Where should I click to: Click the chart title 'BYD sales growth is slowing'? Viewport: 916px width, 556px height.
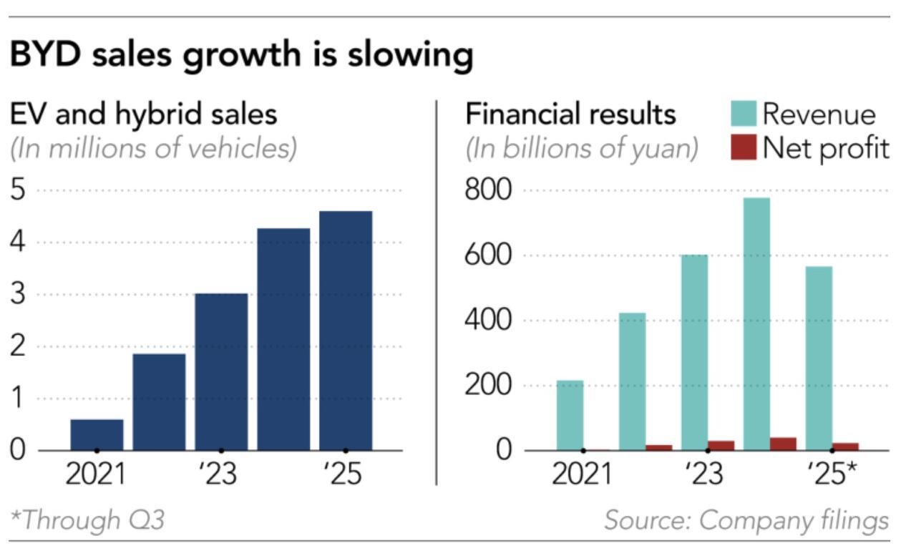[241, 55]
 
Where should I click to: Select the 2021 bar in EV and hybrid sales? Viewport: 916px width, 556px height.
[97, 434]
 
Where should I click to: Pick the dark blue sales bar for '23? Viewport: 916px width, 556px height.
[221, 371]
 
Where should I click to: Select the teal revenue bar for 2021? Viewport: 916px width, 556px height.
[570, 415]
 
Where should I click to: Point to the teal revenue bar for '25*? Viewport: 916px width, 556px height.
[819, 358]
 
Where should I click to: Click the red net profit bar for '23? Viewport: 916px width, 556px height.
[721, 446]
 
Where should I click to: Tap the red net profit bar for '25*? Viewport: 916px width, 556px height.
[846, 447]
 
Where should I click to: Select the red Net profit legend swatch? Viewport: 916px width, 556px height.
[743, 147]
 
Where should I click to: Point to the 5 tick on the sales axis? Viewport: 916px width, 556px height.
[18, 191]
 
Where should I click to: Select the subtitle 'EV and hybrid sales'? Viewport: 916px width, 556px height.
[143, 114]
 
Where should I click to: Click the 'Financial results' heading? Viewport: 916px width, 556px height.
[570, 114]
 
